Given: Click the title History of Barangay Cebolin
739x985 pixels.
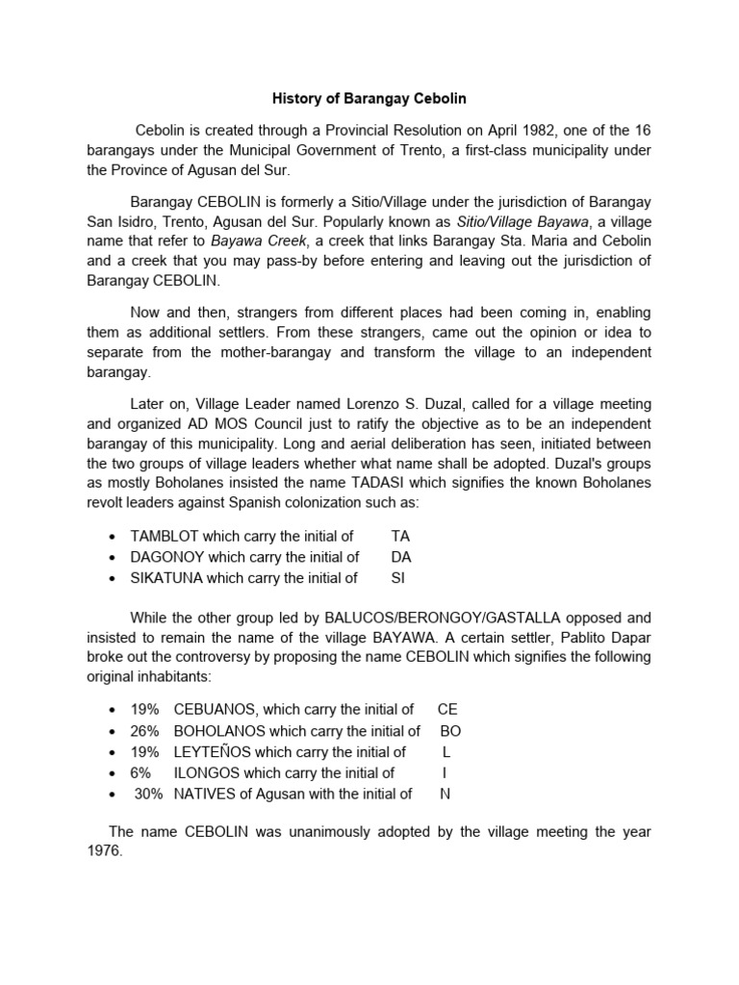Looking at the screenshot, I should click(x=369, y=99).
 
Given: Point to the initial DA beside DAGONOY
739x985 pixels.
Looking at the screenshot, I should click(x=401, y=557).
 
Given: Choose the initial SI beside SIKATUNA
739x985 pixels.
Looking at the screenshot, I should click(x=398, y=578).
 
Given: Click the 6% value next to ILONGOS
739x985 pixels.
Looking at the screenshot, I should click(x=141, y=772).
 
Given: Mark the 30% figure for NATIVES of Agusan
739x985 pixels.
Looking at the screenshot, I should click(x=148, y=794).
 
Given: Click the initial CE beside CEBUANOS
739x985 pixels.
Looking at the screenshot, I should click(x=447, y=709).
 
